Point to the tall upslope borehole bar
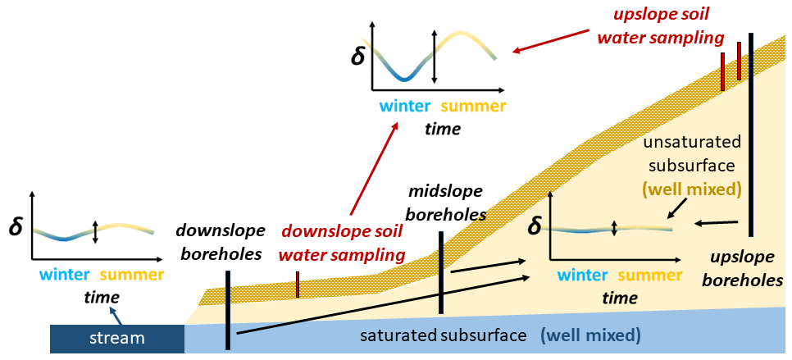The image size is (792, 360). (751, 131)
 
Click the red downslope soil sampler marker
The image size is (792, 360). (298, 284)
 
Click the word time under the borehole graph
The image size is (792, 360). (620, 298)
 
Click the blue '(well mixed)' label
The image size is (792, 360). (590, 335)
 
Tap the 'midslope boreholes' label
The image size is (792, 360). (446, 203)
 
